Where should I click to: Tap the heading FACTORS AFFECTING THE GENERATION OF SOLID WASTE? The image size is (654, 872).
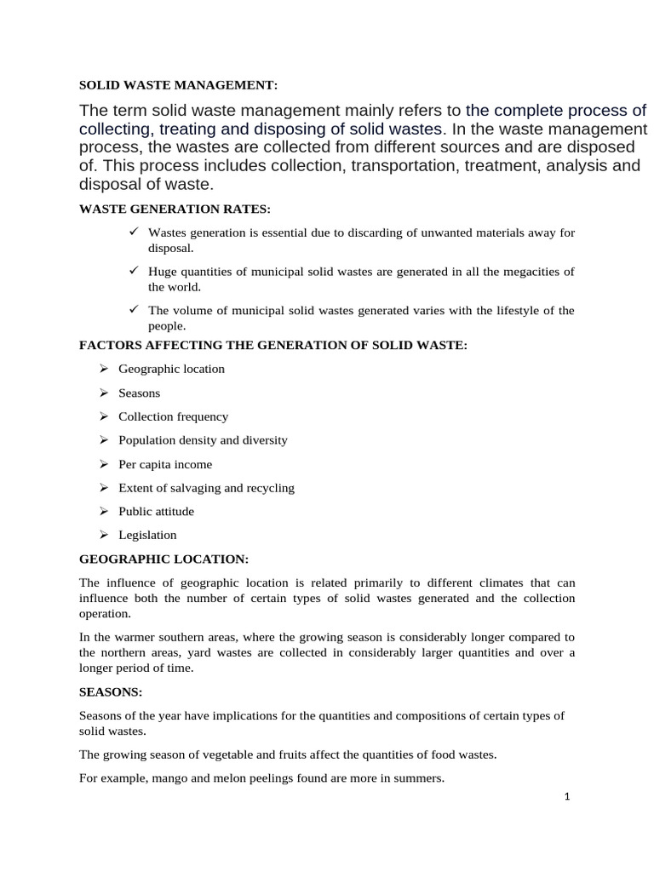pos(273,345)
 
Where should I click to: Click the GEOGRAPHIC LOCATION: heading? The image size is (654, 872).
pos(163,559)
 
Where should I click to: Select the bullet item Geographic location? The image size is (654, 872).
pos(171,369)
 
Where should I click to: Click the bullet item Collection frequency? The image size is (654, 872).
pos(173,416)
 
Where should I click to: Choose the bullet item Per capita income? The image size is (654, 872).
pos(165,464)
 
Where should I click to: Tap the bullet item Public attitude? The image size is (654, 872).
pos(156,511)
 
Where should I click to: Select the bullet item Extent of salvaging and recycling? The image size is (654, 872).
pos(206,488)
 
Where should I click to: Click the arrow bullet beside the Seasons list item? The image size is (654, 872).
pos(103,393)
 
